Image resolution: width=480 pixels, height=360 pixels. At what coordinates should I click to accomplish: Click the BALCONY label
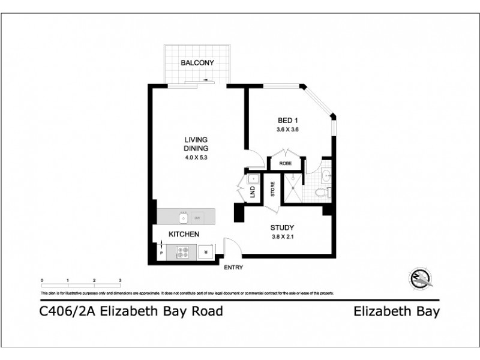[x=197, y=62]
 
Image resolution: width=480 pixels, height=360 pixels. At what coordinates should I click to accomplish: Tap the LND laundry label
[x=253, y=192]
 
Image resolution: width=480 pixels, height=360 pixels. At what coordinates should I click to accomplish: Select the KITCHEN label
[x=184, y=234]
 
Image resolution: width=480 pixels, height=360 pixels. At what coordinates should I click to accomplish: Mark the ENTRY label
[x=233, y=268]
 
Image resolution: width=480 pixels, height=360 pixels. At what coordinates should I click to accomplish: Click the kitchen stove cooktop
[x=183, y=253]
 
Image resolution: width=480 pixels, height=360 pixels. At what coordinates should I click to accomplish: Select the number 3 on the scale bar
[x=121, y=281]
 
